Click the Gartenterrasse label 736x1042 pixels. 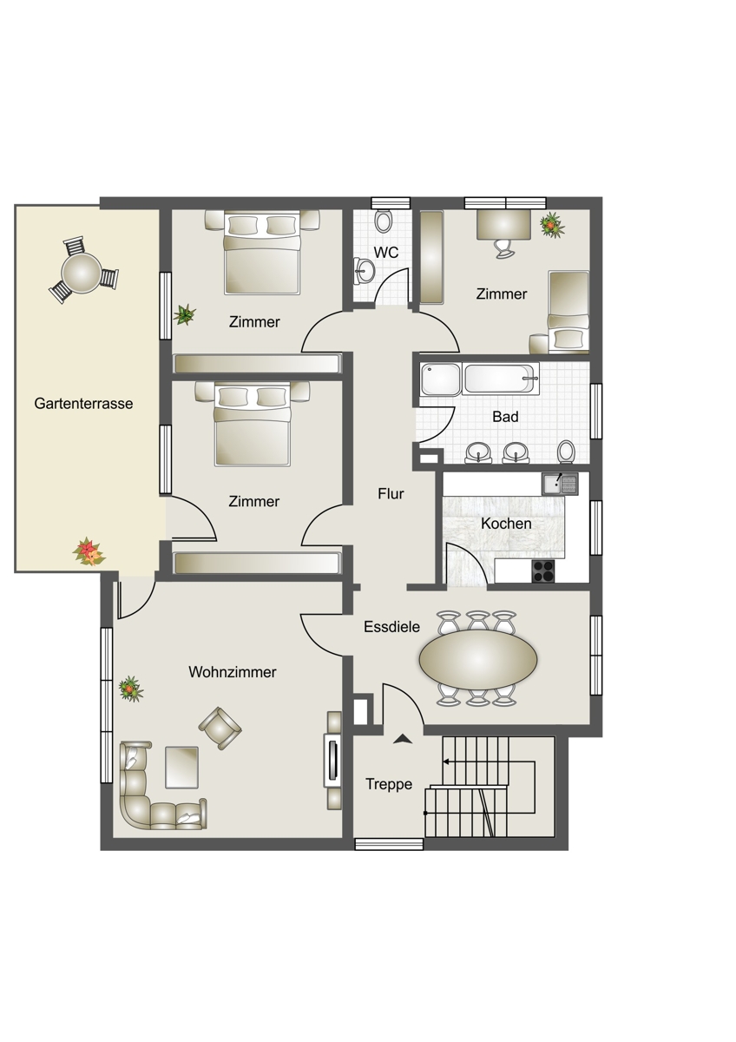(x=83, y=403)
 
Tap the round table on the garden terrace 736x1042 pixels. (x=82, y=272)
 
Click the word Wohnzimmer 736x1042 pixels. (x=233, y=672)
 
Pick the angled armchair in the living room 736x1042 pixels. (x=220, y=728)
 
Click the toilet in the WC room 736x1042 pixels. (x=384, y=220)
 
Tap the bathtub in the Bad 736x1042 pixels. (x=500, y=379)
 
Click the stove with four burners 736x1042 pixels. (x=543, y=570)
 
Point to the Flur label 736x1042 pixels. (x=391, y=493)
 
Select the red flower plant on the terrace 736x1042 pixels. (x=89, y=551)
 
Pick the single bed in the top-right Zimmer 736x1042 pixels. (x=568, y=311)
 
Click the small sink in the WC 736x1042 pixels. (x=364, y=269)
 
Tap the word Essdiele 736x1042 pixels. (x=391, y=627)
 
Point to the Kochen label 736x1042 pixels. (x=506, y=524)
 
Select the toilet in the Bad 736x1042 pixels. (x=566, y=452)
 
